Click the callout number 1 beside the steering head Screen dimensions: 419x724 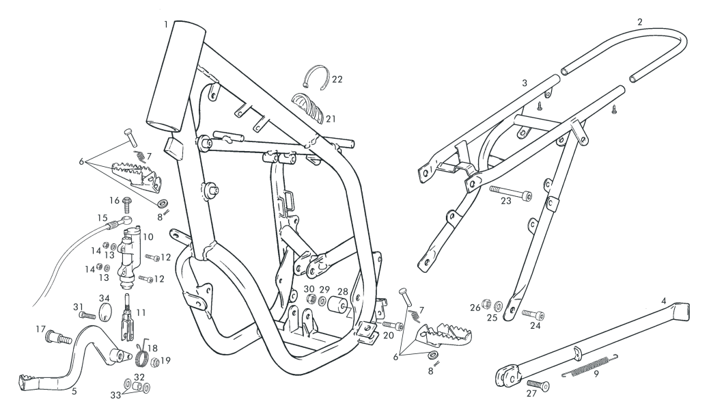coord(166,24)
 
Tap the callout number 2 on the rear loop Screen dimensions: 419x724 coord(639,22)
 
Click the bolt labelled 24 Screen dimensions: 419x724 coord(533,314)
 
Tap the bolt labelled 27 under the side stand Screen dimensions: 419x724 coord(540,386)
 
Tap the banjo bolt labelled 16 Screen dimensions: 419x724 coord(127,202)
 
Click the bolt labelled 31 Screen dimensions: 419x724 coord(85,315)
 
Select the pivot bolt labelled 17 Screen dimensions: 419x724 coord(58,336)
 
